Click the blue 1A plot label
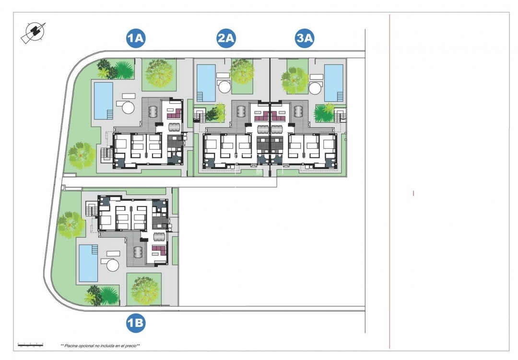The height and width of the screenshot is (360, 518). pos(136,38)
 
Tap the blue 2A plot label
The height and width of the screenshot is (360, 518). pos(226,38)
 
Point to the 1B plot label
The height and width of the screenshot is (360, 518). pos(136,324)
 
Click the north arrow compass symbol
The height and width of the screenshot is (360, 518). pos(33,32)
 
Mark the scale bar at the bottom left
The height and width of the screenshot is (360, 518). pos(30,345)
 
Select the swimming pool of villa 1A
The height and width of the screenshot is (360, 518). pos(103,100)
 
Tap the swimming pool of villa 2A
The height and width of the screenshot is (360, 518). pos(206,83)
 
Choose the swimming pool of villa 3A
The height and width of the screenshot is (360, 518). pos(334,83)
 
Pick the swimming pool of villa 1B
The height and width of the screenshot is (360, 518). pos(88,263)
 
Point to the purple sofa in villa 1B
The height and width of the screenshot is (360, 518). pos(158,250)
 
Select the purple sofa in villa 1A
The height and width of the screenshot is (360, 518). pos(173,113)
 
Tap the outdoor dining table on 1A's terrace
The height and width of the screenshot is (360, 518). pos(153,112)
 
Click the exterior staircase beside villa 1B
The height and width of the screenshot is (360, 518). pos(91,209)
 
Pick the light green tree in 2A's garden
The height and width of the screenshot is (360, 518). pos(242,71)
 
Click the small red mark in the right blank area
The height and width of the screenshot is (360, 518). pos(413,193)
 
